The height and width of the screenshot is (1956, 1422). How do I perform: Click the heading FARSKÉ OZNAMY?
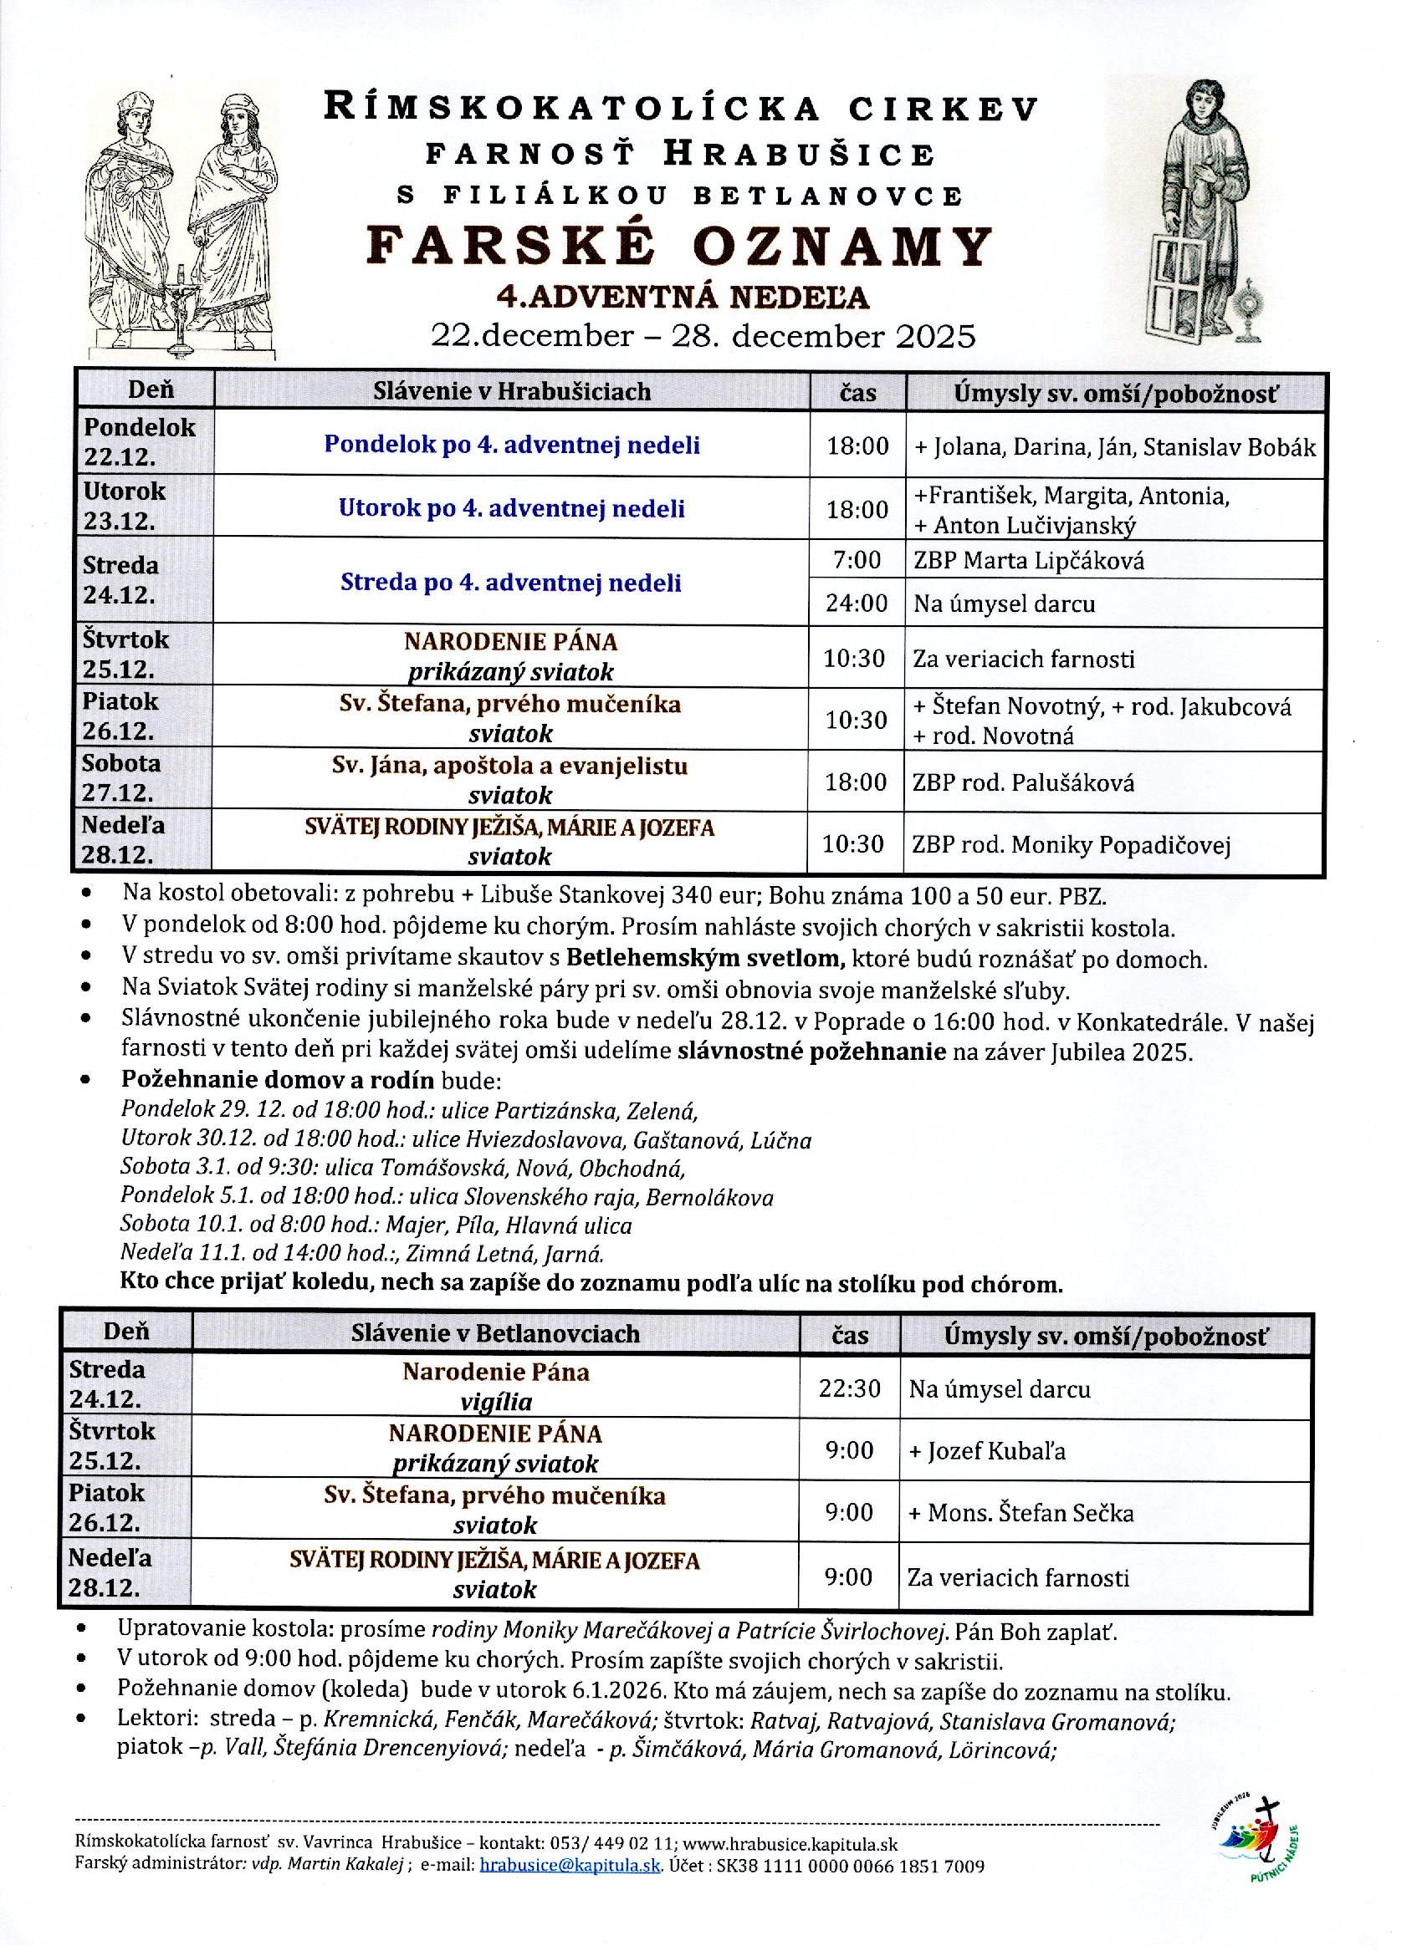679,246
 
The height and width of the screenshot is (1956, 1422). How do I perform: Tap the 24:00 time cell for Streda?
856,603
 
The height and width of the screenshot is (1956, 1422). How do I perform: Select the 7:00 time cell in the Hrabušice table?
856,561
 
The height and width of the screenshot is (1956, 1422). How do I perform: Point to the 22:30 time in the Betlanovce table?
849,1388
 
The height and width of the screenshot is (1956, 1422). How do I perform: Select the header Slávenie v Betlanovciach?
495,1334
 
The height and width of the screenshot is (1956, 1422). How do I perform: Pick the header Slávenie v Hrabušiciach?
512,391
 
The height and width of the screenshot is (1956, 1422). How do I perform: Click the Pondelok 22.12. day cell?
140,441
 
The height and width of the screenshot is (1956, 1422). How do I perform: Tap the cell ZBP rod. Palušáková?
1023,783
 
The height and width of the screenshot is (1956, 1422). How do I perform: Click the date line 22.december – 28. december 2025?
703,335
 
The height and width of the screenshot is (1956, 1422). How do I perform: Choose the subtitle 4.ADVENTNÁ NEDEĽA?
682,297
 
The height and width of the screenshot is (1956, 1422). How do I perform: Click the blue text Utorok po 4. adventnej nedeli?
512,508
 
